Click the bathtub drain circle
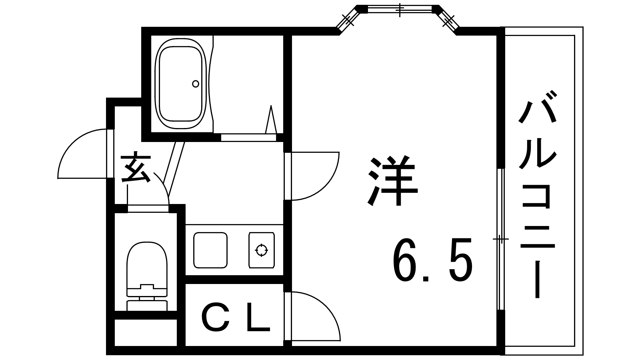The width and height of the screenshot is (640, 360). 196,84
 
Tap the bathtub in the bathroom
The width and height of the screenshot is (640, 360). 180,84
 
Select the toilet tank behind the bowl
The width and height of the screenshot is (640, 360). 147,305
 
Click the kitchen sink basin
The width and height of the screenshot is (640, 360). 210,250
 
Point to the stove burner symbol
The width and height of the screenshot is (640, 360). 262,250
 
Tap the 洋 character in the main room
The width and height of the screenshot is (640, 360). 392,180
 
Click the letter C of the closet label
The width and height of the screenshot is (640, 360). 216,317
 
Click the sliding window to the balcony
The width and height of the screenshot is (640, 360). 500,240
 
